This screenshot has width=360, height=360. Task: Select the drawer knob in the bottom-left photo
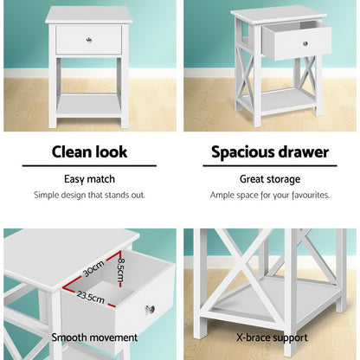pyautogui.click(x=151, y=309)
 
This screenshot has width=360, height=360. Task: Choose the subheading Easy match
pyautogui.click(x=90, y=179)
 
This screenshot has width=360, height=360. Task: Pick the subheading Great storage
pyautogui.click(x=270, y=179)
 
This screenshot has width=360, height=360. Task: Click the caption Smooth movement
pyautogui.click(x=93, y=337)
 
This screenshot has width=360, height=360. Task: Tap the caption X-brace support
pyautogui.click(x=270, y=337)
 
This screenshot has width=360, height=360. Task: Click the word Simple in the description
pyautogui.click(x=47, y=195)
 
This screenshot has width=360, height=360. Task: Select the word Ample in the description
pyautogui.click(x=223, y=195)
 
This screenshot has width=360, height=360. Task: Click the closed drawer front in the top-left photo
pyautogui.click(x=88, y=40)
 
